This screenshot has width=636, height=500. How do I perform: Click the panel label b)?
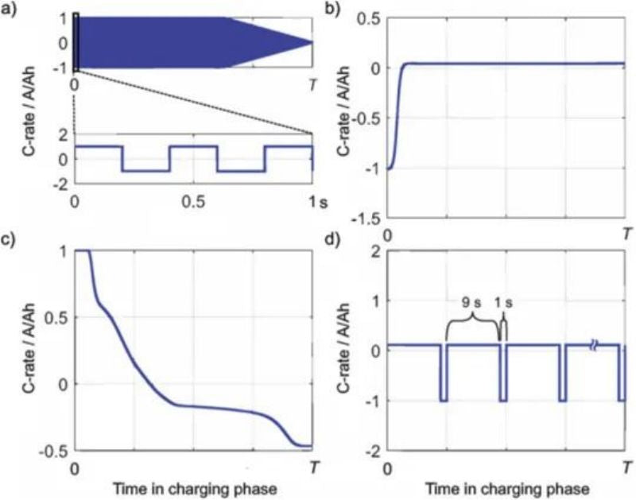(327, 9)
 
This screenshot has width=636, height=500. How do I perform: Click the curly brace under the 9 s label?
(472, 320)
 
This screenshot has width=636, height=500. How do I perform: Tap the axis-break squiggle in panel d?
(593, 346)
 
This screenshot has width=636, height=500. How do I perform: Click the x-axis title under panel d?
(507, 487)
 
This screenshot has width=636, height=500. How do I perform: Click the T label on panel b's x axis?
(627, 235)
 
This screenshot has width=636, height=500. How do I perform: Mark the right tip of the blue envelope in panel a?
(311, 42)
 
